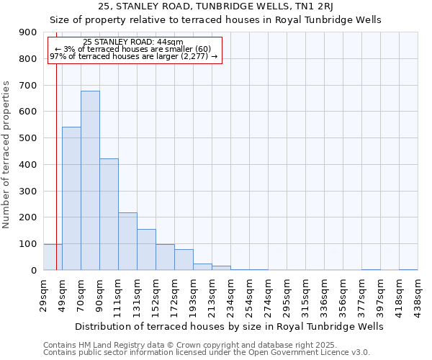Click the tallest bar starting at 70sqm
[x=90, y=180]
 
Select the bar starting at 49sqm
[x=71, y=198]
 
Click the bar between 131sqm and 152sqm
[x=146, y=249]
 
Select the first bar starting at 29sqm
[x=53, y=257]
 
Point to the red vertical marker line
[x=56, y=144]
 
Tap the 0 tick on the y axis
[x=33, y=270]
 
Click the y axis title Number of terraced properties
[x=6, y=154]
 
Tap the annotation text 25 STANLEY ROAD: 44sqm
[x=133, y=42]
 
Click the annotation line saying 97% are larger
[x=133, y=56]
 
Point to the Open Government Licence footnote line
[x=207, y=353]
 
